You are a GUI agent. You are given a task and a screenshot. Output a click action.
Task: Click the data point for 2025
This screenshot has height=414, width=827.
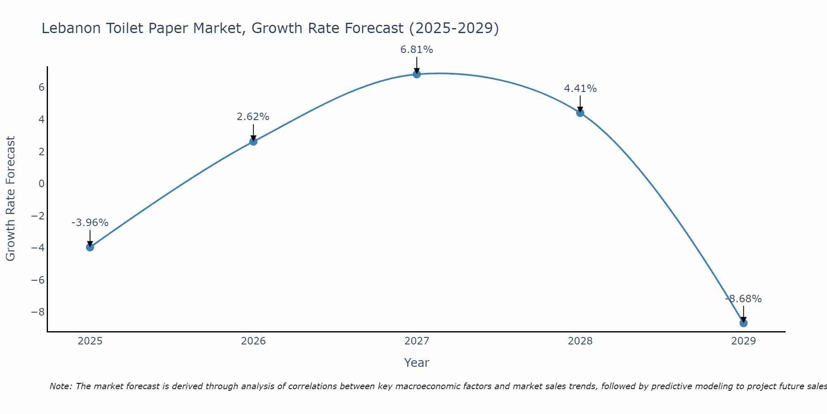tap(90, 247)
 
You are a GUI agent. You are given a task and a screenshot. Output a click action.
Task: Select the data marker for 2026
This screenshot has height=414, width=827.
tap(253, 142)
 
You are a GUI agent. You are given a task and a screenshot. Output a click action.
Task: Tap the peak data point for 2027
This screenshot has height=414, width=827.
tap(417, 74)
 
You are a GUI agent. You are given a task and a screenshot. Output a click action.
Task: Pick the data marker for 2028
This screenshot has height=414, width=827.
tap(580, 113)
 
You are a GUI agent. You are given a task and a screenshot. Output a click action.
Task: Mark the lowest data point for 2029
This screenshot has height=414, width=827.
tap(743, 323)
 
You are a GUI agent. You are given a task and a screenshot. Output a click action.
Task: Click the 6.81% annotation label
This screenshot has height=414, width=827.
tap(417, 50)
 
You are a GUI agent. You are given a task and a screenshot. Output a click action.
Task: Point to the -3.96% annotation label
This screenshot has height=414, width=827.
tap(90, 223)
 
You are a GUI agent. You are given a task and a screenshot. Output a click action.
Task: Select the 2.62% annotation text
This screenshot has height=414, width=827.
tap(253, 117)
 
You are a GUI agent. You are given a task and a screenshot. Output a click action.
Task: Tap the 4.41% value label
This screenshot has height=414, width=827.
tap(580, 89)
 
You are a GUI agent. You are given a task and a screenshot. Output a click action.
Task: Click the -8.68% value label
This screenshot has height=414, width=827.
tap(743, 299)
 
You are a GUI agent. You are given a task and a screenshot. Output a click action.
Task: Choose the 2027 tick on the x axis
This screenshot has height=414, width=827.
tap(417, 341)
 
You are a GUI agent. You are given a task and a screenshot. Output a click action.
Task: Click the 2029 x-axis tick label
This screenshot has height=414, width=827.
tap(743, 341)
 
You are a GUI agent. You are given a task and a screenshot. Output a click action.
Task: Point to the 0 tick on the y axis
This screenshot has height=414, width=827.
tap(41, 184)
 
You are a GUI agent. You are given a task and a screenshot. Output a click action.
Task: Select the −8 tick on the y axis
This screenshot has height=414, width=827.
tap(38, 312)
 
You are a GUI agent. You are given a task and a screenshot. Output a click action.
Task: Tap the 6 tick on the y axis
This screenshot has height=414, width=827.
tap(41, 87)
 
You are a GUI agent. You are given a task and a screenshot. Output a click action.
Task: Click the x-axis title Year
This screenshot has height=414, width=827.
tap(417, 363)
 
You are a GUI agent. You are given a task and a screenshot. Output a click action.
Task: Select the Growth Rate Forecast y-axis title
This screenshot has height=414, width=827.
tap(10, 198)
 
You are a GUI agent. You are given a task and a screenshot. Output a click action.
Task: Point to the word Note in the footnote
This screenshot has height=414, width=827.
tap(61, 386)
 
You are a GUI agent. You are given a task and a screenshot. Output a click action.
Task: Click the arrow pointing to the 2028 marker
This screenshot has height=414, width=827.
tap(580, 103)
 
